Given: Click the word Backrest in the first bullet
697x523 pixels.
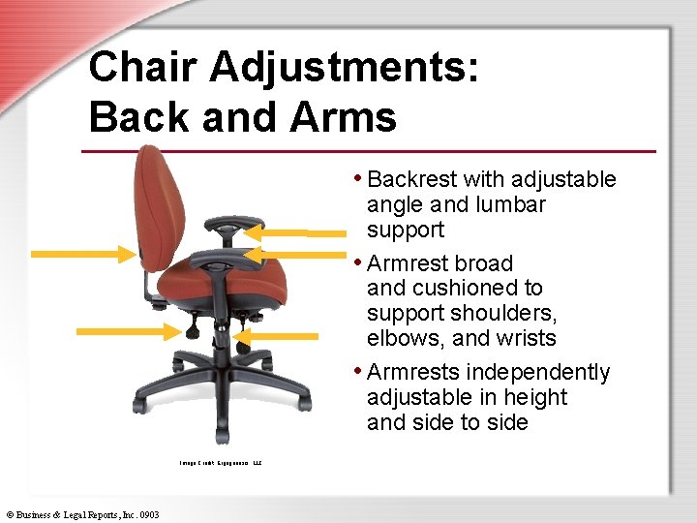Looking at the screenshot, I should tap(412, 179).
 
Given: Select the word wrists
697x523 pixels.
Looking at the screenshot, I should tap(523, 338).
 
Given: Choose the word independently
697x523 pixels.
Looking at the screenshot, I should tap(537, 372).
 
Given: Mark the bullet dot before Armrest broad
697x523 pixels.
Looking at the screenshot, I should tap(358, 261).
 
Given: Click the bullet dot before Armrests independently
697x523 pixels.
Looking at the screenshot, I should tap(358, 371).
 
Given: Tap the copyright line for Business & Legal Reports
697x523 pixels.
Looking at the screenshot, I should tap(82, 514).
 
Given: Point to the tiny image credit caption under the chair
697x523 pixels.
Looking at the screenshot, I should tap(221, 463).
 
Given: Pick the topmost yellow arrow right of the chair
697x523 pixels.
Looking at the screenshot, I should tap(291, 231).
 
